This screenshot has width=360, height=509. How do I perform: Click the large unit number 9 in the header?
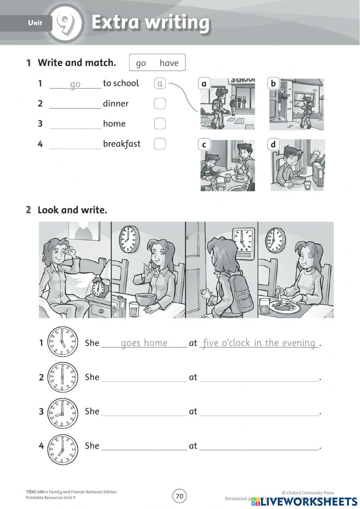64,23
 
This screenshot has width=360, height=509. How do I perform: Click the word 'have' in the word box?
169,63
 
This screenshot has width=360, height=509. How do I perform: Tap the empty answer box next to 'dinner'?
160,104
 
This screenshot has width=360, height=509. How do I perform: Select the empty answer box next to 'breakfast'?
160,144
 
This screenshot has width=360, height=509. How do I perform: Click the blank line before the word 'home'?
75,124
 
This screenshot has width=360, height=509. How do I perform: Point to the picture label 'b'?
273,84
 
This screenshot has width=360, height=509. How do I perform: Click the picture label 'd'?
273,144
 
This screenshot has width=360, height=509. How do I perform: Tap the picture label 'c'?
204,145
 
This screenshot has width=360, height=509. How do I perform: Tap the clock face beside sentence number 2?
62,377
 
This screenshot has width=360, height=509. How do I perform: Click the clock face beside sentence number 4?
62,446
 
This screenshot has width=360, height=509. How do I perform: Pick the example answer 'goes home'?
144,343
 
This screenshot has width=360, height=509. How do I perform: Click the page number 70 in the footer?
179,496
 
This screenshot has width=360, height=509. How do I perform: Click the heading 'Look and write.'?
72,210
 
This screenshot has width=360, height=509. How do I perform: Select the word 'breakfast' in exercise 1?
122,144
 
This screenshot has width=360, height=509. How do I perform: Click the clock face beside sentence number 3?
62,411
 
